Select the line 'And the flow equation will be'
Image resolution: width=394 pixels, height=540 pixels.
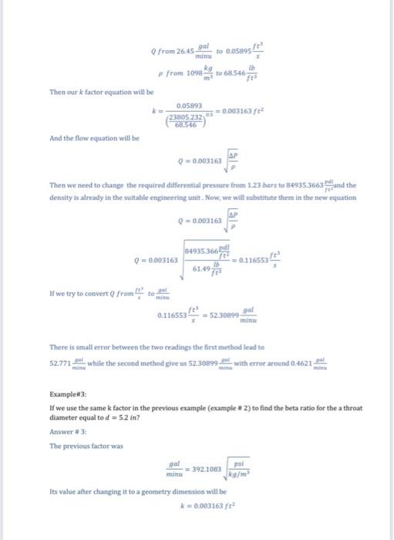tap(84, 138)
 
